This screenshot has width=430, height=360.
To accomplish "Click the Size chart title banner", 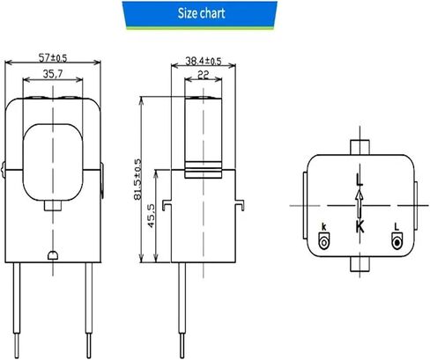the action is point(200,15).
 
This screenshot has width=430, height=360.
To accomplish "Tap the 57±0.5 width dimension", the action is point(53,58).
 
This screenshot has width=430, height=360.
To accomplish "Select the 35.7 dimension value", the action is point(53,74).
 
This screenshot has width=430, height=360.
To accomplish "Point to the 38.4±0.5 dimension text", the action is point(204,61).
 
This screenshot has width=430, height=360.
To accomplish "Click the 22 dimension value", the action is point(204,75).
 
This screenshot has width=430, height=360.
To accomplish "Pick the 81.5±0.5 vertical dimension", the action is point(137,180).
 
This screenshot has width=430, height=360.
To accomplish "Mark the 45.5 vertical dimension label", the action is point(152,216).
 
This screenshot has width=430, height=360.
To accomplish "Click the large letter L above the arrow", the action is point(360,180).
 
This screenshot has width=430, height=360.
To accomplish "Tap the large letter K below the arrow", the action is point(360,226).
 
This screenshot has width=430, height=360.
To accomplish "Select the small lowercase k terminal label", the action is point(324,227).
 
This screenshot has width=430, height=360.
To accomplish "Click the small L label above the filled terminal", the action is point(397,226).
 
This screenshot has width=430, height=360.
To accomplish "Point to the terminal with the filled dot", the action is point(397,241).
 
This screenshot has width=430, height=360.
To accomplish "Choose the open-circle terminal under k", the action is point(324,241).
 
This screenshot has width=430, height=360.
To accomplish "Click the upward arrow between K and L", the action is point(360,204).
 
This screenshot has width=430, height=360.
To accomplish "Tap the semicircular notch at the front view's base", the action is point(53,255).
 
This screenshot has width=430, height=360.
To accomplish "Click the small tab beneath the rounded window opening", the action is point(53,205).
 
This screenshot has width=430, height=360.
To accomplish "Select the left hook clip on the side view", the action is point(167,205).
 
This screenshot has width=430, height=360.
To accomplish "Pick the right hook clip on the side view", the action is point(240,205).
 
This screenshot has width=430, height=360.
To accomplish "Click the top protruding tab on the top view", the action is point(360,147).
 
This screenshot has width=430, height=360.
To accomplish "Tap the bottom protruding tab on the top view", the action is point(360,264).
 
